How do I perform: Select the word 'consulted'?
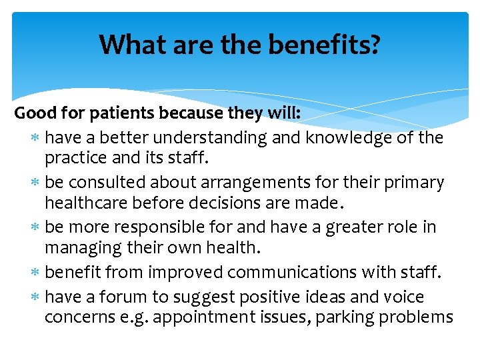pos(99,183)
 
